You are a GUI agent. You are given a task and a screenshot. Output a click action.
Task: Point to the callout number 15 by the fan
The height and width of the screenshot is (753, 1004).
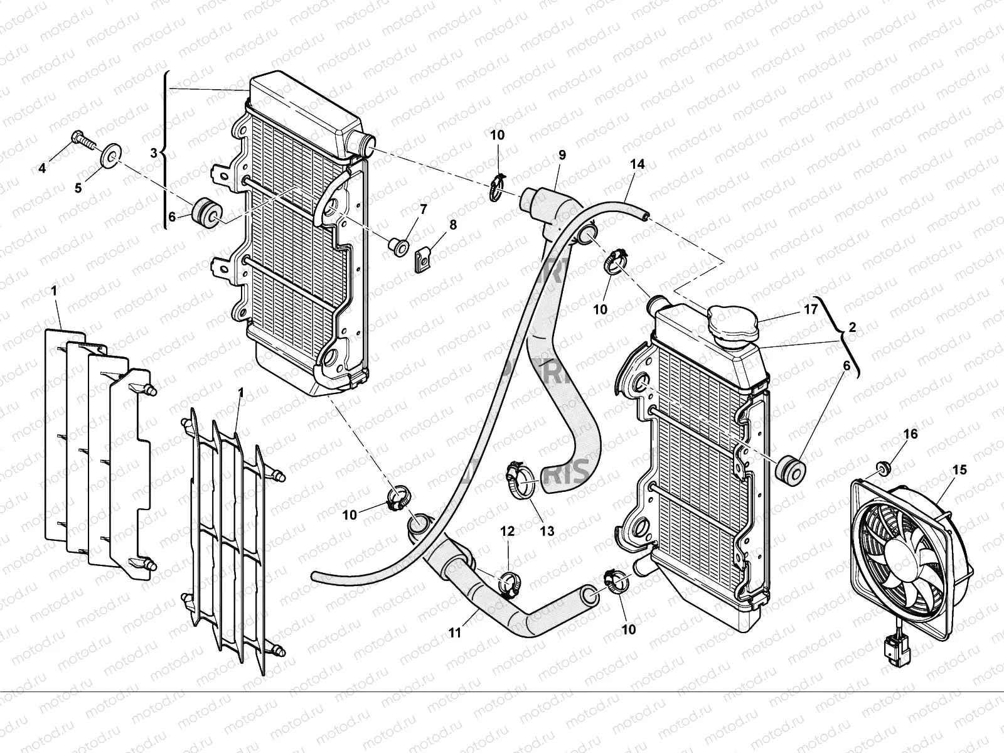pyautogui.click(x=959, y=469)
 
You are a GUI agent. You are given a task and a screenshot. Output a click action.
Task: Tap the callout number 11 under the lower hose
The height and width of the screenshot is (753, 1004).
pyautogui.click(x=454, y=633)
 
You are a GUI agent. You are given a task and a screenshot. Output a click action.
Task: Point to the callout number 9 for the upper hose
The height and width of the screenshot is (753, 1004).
pyautogui.click(x=562, y=154)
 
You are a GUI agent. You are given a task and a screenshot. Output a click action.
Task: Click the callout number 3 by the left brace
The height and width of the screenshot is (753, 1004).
pyautogui.click(x=154, y=152)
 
